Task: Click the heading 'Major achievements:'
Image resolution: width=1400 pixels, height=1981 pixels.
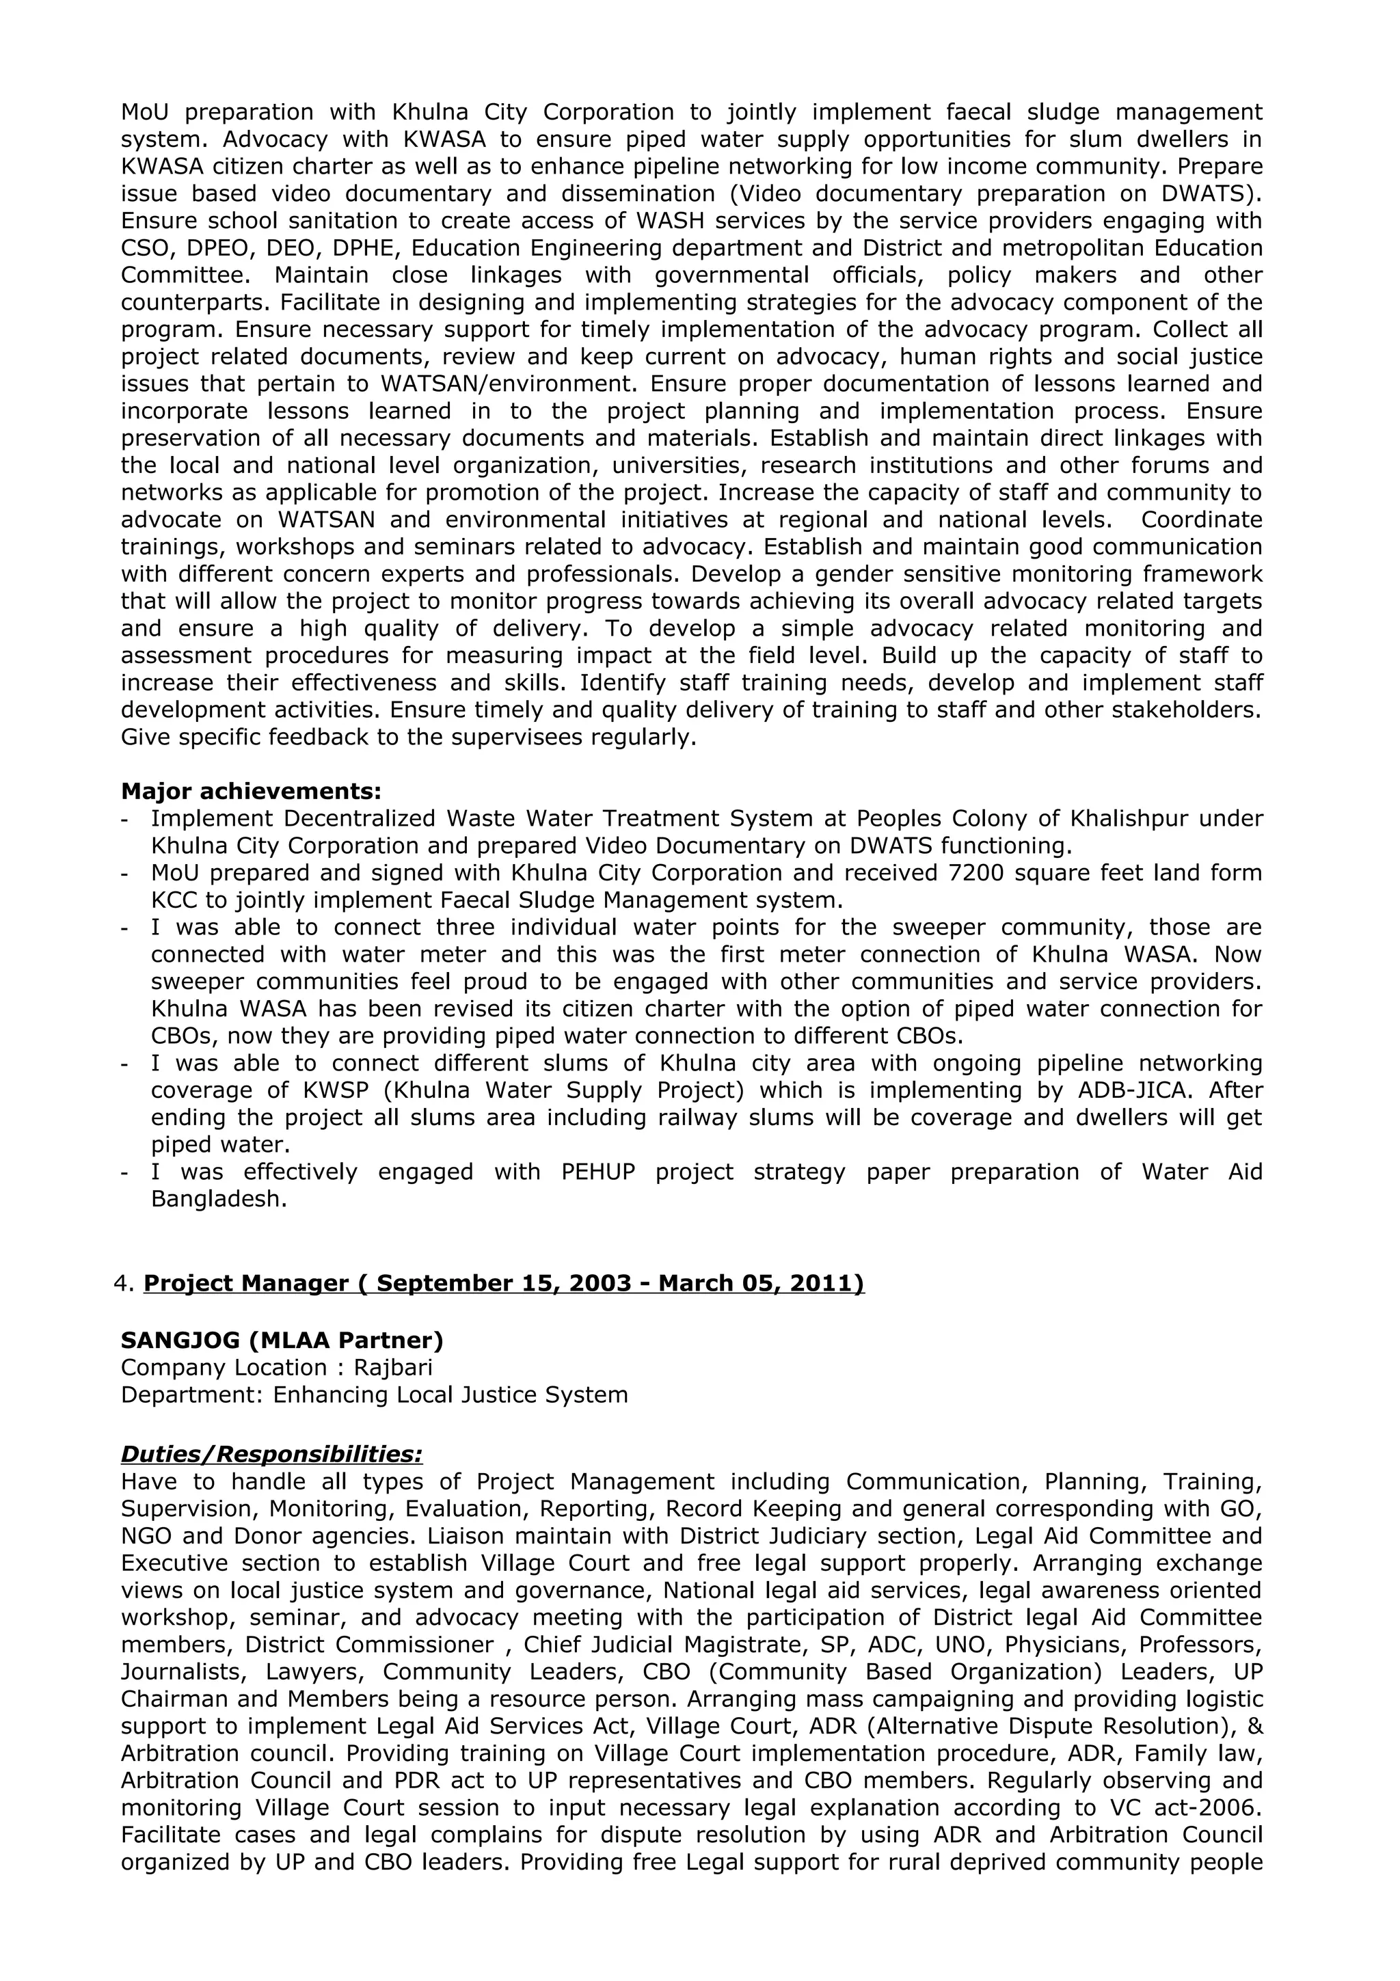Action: point(251,791)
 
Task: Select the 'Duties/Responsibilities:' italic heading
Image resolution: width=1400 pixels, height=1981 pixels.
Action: point(271,1455)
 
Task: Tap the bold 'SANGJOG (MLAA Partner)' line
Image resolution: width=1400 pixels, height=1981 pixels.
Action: point(282,1340)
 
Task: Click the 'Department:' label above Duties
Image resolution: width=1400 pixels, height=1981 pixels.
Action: point(191,1395)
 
